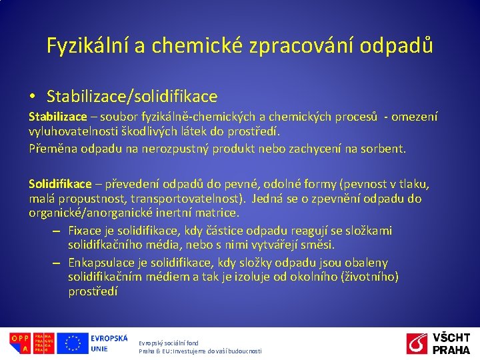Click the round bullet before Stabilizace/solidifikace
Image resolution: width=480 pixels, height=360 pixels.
(x=32, y=97)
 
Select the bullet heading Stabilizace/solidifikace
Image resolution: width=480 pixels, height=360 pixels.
(x=132, y=97)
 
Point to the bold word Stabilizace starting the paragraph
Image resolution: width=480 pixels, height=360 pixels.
(x=58, y=117)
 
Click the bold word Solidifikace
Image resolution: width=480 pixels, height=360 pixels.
(x=60, y=183)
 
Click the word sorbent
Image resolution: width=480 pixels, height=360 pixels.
(x=382, y=148)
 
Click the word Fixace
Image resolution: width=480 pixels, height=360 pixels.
(x=85, y=230)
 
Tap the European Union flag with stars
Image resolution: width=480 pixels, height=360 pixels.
(x=72, y=343)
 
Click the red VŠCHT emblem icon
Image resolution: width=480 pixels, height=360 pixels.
(x=417, y=343)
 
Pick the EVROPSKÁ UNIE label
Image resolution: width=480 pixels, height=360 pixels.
(x=109, y=343)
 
